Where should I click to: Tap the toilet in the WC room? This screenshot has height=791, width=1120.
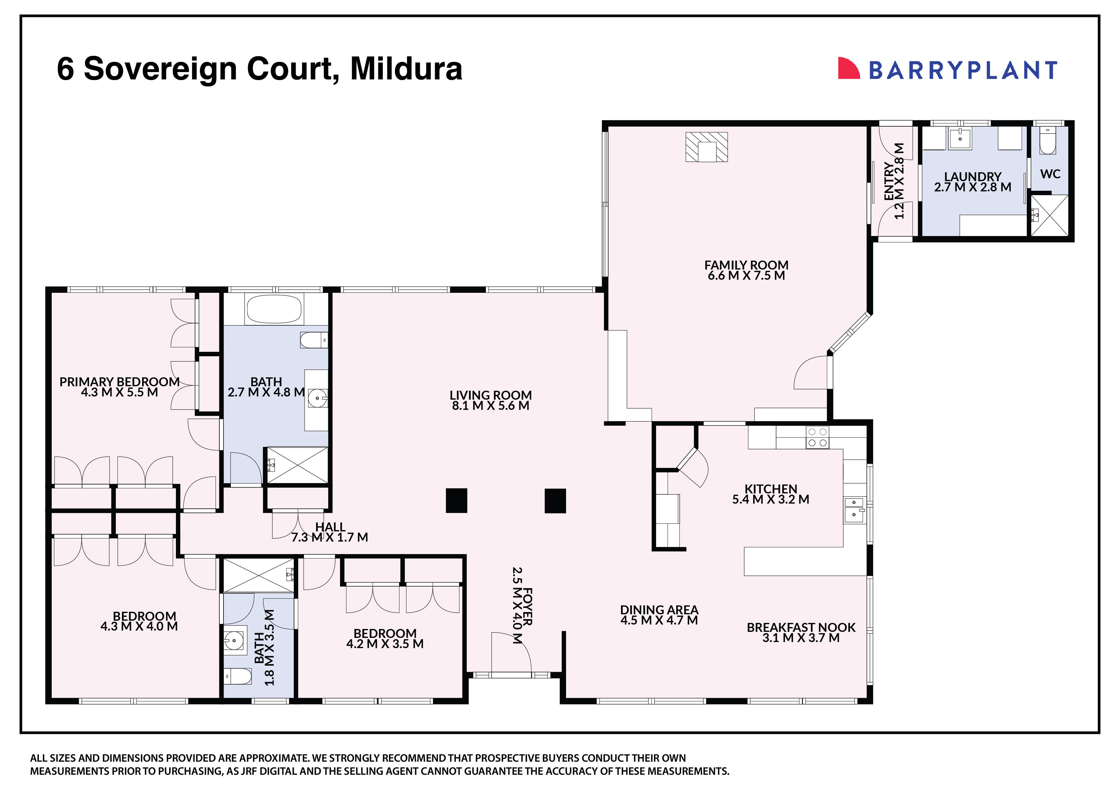point(1047,142)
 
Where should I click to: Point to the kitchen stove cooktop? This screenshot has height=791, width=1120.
point(817,437)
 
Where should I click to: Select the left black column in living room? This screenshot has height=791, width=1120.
point(456,500)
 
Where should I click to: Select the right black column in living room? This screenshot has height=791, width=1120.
point(555,500)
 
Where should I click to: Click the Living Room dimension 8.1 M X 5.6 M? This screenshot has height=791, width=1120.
point(490,405)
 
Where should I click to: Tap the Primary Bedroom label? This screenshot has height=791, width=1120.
point(119,381)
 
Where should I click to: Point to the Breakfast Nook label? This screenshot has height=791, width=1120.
point(801,627)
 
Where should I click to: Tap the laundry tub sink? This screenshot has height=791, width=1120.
point(959,138)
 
